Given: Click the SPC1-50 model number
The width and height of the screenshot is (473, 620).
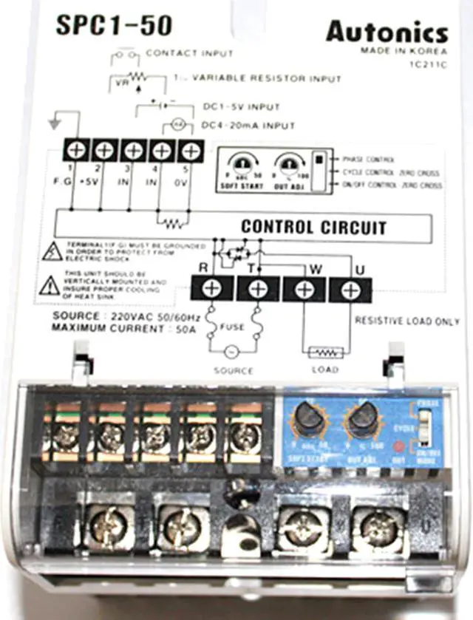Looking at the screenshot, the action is pos(114,26).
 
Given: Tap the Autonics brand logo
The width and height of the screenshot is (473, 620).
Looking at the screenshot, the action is pos(387,33).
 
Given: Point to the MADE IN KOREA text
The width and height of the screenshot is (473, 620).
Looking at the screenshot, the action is pos(404,51).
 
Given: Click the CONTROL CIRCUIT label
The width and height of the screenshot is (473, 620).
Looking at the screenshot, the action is pos(313,227).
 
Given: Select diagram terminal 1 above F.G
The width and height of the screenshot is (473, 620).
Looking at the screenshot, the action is pos(75,151).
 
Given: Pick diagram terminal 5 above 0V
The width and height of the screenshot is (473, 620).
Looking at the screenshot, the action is pos(191,151).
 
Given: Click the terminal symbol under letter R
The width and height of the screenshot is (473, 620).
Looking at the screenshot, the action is pos(211,288).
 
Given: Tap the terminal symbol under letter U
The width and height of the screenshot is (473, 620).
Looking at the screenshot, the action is pos(350,288).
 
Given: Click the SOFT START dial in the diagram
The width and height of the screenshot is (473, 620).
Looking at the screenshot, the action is pos(240,163).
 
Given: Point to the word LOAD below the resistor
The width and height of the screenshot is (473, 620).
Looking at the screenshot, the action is pos(324,369).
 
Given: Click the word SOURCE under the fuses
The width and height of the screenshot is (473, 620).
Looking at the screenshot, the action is pos(233,370).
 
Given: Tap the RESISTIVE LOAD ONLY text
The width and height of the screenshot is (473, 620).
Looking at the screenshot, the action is pos(407,321).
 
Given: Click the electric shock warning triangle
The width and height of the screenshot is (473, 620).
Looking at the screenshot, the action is pos(52,252).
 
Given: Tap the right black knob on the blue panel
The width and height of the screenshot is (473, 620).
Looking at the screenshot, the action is pos(363,419).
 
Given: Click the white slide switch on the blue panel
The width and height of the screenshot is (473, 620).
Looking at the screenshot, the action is pos(423,426).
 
